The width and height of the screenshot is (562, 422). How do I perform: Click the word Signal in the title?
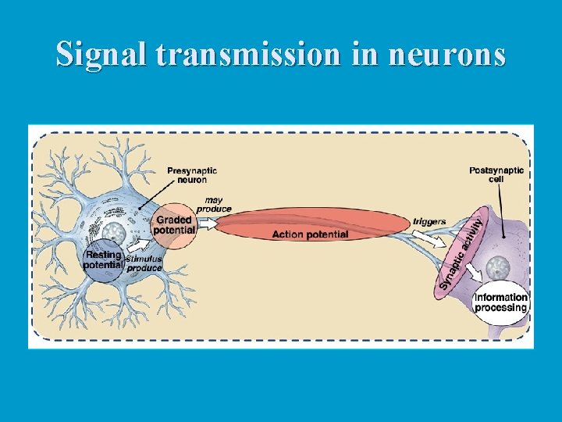(102, 54)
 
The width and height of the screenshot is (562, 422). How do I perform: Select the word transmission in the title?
(247, 54)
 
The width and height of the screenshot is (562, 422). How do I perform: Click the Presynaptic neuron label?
(192, 175)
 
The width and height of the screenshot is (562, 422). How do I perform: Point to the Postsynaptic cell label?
(496, 174)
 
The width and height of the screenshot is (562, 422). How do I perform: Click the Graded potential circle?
(174, 225)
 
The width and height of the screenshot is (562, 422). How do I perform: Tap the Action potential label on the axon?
(310, 234)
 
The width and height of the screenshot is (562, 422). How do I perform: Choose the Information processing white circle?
(500, 302)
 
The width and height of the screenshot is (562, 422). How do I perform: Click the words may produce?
(214, 205)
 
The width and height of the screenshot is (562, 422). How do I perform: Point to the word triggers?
(429, 222)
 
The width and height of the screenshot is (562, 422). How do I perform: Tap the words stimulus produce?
(144, 263)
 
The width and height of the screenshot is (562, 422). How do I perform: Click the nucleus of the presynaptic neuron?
(114, 232)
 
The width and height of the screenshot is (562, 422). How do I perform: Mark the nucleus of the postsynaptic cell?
(496, 270)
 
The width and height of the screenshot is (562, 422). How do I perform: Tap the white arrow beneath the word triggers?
(426, 238)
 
